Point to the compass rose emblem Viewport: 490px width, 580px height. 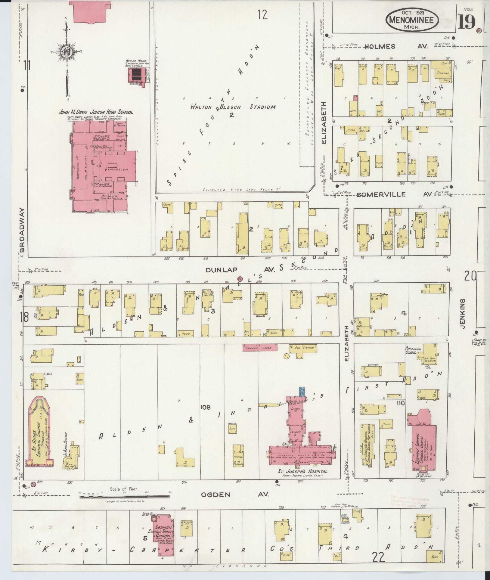coord(66,51)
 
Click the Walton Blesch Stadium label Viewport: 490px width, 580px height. coord(233,107)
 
